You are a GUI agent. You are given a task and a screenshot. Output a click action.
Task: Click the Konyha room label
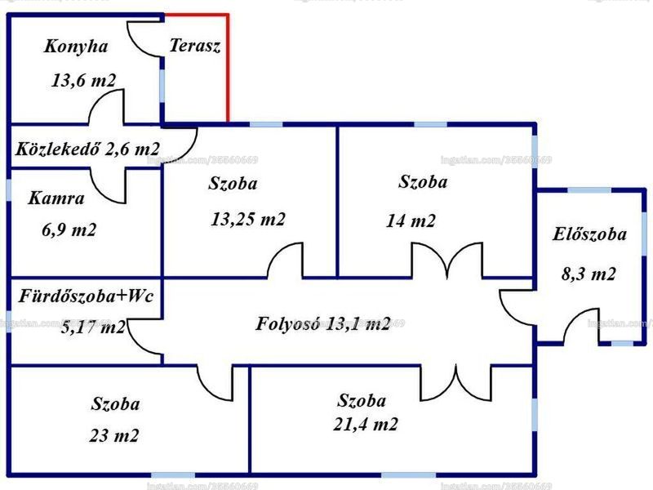click(x=76, y=47)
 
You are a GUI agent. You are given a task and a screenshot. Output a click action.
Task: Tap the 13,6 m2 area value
click(x=83, y=80)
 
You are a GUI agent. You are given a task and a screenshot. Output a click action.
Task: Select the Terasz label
click(x=195, y=46)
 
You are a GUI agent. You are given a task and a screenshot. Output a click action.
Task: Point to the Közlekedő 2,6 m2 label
click(x=87, y=149)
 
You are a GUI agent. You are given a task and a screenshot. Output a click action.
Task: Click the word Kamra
click(x=56, y=198)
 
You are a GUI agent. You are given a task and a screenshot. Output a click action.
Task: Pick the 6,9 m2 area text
click(x=69, y=229)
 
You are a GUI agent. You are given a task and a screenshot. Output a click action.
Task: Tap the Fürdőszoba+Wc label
click(x=87, y=296)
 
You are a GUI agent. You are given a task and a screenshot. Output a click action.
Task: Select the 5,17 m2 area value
click(x=92, y=327)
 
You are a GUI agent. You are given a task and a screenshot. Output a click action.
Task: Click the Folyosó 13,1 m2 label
click(x=323, y=323)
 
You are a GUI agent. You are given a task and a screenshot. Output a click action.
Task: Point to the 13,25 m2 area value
click(x=248, y=219)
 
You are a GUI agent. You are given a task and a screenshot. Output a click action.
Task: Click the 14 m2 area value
click(x=411, y=220)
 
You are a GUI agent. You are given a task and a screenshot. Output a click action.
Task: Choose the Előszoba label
click(x=589, y=234)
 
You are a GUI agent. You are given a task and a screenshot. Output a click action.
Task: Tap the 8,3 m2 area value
click(x=589, y=274)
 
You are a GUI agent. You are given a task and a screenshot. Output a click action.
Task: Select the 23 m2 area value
click(x=114, y=436)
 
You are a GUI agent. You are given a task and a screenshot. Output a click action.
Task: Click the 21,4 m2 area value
click(x=366, y=424)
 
